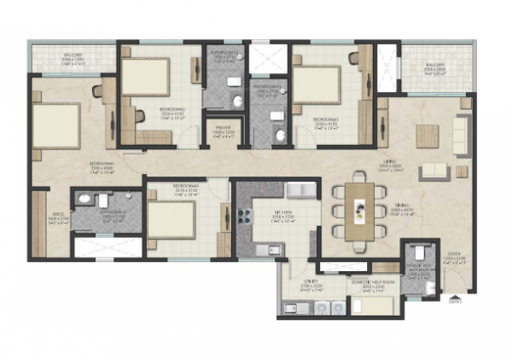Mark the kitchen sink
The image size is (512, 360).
(274, 249)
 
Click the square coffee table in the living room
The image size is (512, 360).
(427, 134)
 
